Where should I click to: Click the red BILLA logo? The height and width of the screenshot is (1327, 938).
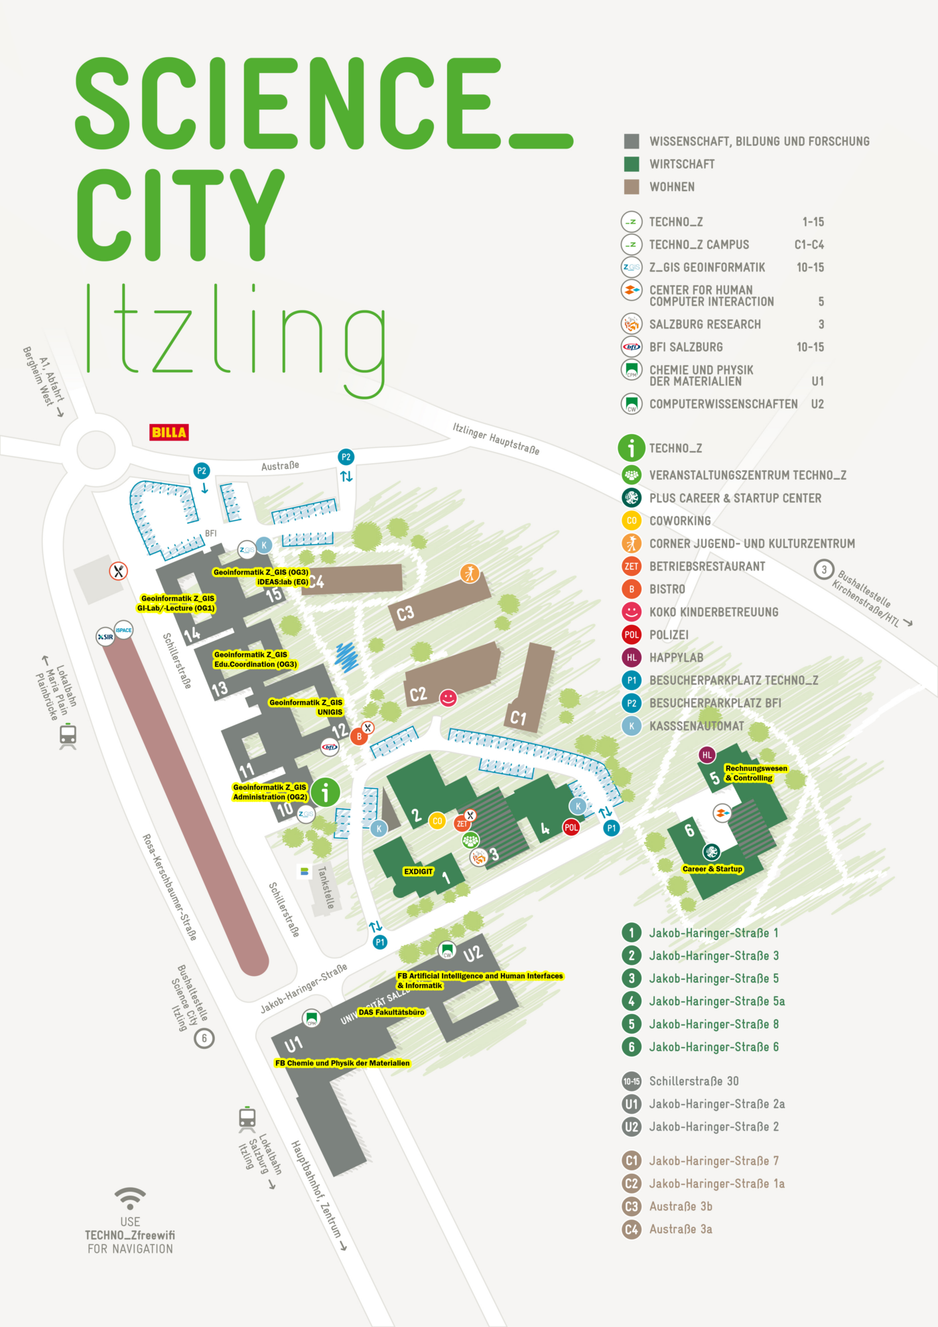tap(169, 433)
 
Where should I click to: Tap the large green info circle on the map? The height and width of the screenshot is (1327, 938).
tap(326, 792)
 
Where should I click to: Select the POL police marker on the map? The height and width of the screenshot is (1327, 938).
tap(571, 827)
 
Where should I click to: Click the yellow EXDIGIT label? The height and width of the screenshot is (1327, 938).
tap(418, 872)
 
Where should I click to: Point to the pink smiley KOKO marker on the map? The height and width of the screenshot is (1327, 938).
tap(448, 698)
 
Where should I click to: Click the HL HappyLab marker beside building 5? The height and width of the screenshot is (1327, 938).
tap(707, 755)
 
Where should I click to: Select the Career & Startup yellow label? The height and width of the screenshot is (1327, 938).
tap(712, 869)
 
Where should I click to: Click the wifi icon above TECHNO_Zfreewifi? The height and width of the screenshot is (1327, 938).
tap(130, 1198)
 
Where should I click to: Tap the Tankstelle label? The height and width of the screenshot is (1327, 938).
tap(326, 887)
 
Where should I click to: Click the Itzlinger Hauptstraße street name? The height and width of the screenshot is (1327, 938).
tap(496, 439)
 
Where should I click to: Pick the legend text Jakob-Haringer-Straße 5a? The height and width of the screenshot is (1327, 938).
tap(716, 1001)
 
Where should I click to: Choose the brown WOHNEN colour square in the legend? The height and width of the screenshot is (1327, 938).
tap(632, 187)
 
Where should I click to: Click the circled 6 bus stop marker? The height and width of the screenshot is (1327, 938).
tap(204, 1038)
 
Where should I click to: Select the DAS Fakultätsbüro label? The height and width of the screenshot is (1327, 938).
tap(391, 1013)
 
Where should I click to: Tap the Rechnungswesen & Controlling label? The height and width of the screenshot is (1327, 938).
tap(756, 773)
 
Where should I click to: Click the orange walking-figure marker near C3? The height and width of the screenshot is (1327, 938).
tap(470, 573)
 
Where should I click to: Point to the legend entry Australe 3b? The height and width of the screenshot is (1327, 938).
tap(681, 1206)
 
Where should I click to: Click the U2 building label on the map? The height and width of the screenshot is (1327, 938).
tap(473, 955)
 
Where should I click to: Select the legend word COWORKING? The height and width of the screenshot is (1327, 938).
tap(680, 521)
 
